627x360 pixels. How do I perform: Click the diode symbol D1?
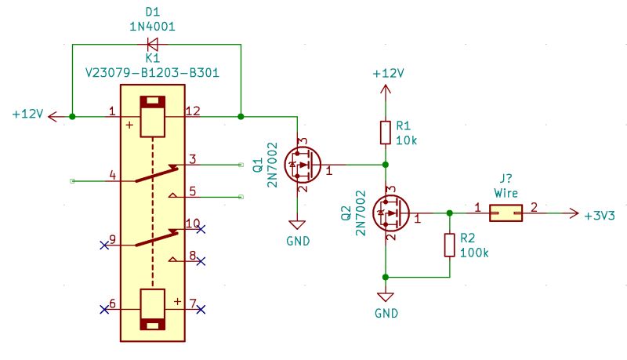click(x=152, y=44)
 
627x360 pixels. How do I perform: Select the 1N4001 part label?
click(x=152, y=27)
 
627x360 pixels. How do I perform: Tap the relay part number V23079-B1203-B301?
click(x=152, y=73)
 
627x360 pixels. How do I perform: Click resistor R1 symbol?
click(x=385, y=133)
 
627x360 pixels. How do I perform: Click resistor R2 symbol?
click(x=449, y=245)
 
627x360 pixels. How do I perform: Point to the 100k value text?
click(x=474, y=253)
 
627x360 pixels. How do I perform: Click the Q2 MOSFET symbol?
click(x=390, y=213)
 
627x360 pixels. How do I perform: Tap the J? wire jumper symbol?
click(x=506, y=213)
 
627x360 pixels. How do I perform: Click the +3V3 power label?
click(x=600, y=214)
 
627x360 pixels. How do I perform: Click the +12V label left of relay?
click(x=28, y=115)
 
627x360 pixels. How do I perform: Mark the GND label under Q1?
click(x=299, y=241)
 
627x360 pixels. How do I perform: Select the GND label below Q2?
click(x=386, y=313)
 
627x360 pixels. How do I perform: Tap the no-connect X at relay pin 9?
click(x=104, y=245)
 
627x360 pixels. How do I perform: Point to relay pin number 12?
click(x=193, y=111)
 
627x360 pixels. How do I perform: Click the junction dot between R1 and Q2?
click(x=385, y=165)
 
